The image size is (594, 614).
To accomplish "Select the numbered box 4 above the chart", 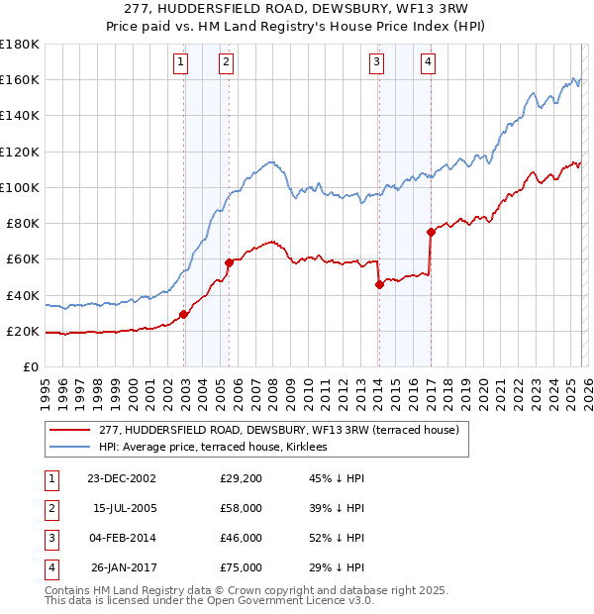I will (x=428, y=62).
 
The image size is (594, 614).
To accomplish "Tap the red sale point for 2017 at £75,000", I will (x=431, y=233).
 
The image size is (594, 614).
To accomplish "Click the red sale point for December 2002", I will (x=183, y=315).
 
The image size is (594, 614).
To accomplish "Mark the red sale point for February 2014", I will (x=379, y=284).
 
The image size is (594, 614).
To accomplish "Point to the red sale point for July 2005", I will (x=229, y=262).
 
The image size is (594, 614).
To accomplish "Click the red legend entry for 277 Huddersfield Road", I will (x=278, y=430).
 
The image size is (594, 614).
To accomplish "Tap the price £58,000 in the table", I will (x=242, y=508).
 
